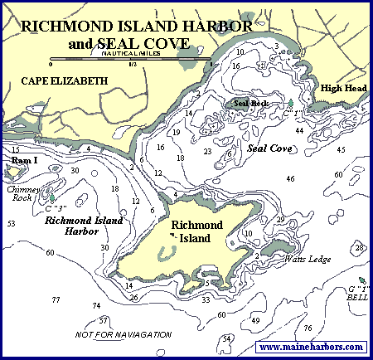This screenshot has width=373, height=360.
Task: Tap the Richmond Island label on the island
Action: pyautogui.click(x=192, y=231)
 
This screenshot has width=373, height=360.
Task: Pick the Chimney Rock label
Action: pyautogui.click(x=24, y=194)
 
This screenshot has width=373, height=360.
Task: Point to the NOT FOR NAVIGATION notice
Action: pyautogui.click(x=123, y=333)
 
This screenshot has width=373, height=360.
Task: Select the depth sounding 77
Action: pyautogui.click(x=56, y=299)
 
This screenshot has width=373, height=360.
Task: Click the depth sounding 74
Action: pyautogui.click(x=97, y=306)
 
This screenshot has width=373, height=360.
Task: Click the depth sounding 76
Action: pyautogui.click(x=308, y=328)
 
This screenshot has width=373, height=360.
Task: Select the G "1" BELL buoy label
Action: pyautogui.click(x=359, y=291)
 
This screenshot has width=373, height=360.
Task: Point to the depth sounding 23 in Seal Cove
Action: pyautogui.click(x=207, y=152)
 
